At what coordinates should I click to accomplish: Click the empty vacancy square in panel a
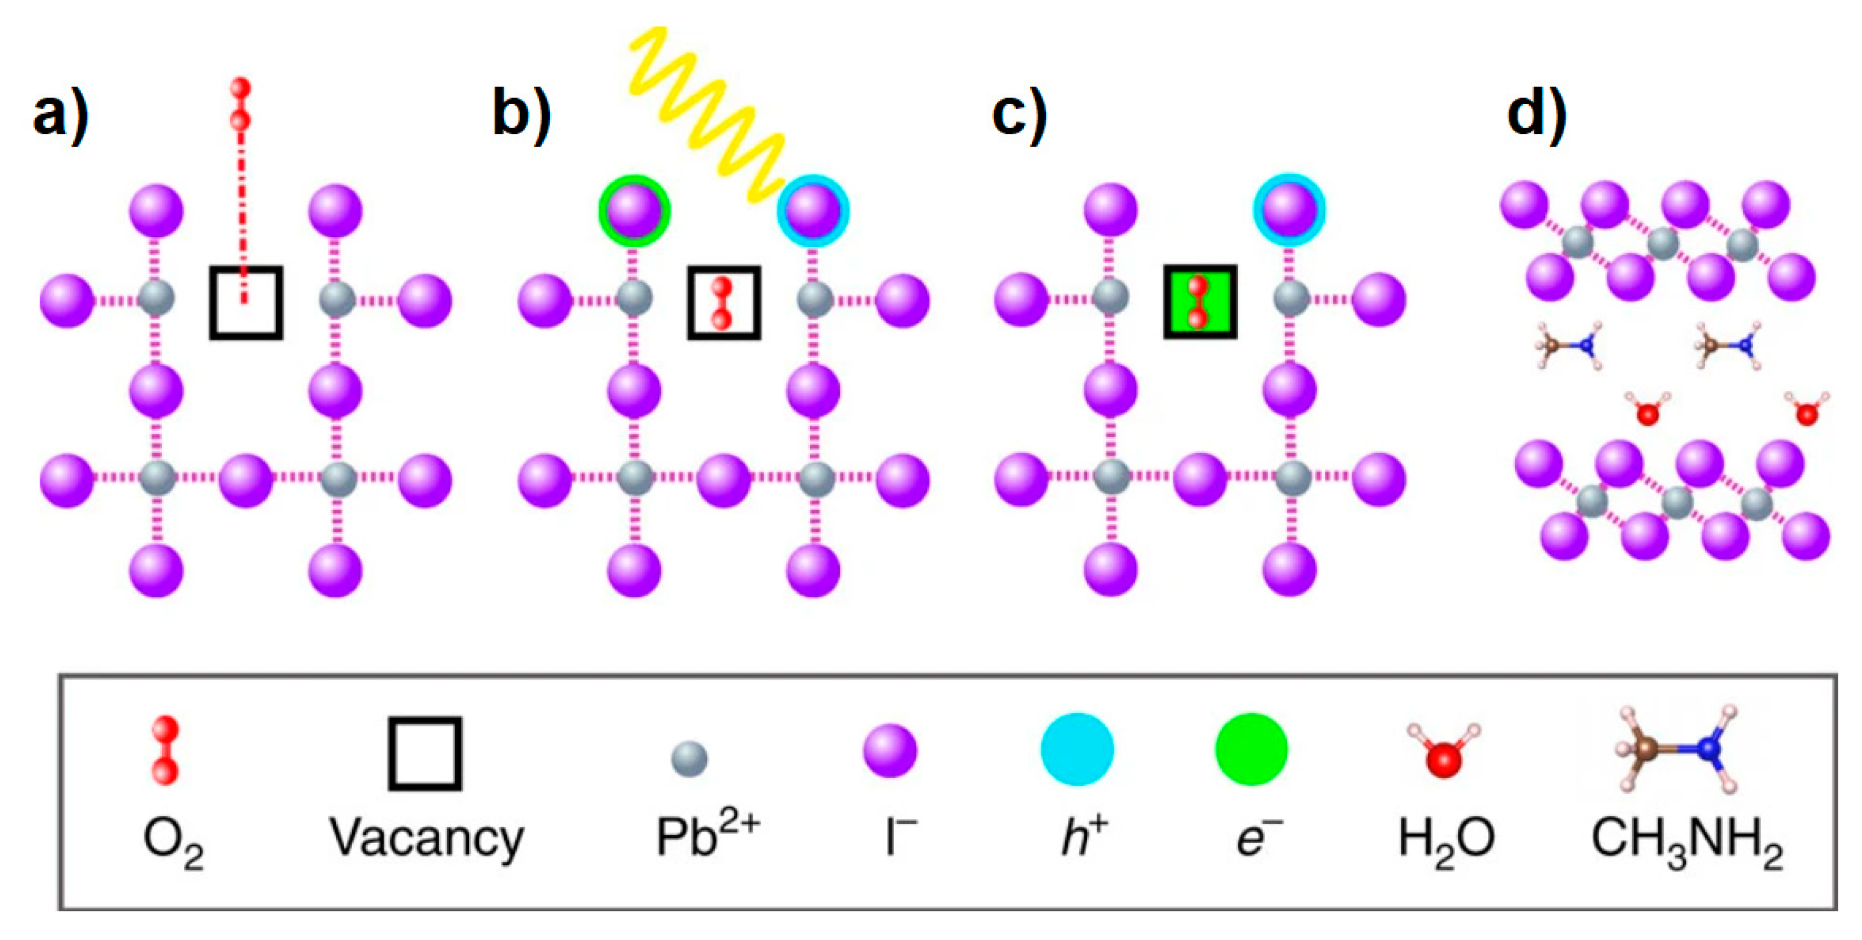click(x=246, y=303)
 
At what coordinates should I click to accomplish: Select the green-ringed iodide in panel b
click(x=634, y=211)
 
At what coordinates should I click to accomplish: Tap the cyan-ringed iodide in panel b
click(x=813, y=211)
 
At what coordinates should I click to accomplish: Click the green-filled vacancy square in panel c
click(x=1200, y=301)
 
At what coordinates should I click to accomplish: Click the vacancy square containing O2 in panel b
click(x=723, y=303)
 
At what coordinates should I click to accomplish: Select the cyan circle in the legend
click(x=1077, y=750)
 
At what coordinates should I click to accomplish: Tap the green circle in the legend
click(x=1251, y=750)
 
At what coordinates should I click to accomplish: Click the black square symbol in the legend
click(x=425, y=754)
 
